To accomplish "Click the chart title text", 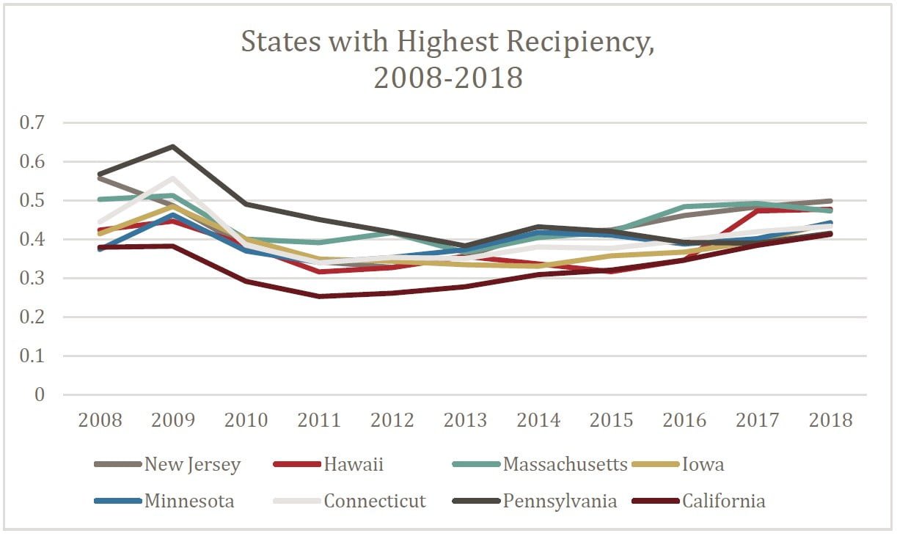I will click(x=447, y=59).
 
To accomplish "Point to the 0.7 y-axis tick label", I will click(x=32, y=123).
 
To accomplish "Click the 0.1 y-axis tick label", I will click(x=32, y=356).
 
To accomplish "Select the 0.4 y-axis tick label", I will click(x=32, y=240).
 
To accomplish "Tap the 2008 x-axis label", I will click(x=100, y=420).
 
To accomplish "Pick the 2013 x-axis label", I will click(x=466, y=420).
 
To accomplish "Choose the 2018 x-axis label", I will click(x=831, y=420).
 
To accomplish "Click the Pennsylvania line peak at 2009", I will click(x=173, y=147).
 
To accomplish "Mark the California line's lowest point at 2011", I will click(x=319, y=296).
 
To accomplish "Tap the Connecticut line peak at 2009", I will click(x=173, y=178).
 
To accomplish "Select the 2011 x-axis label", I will click(x=319, y=420).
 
